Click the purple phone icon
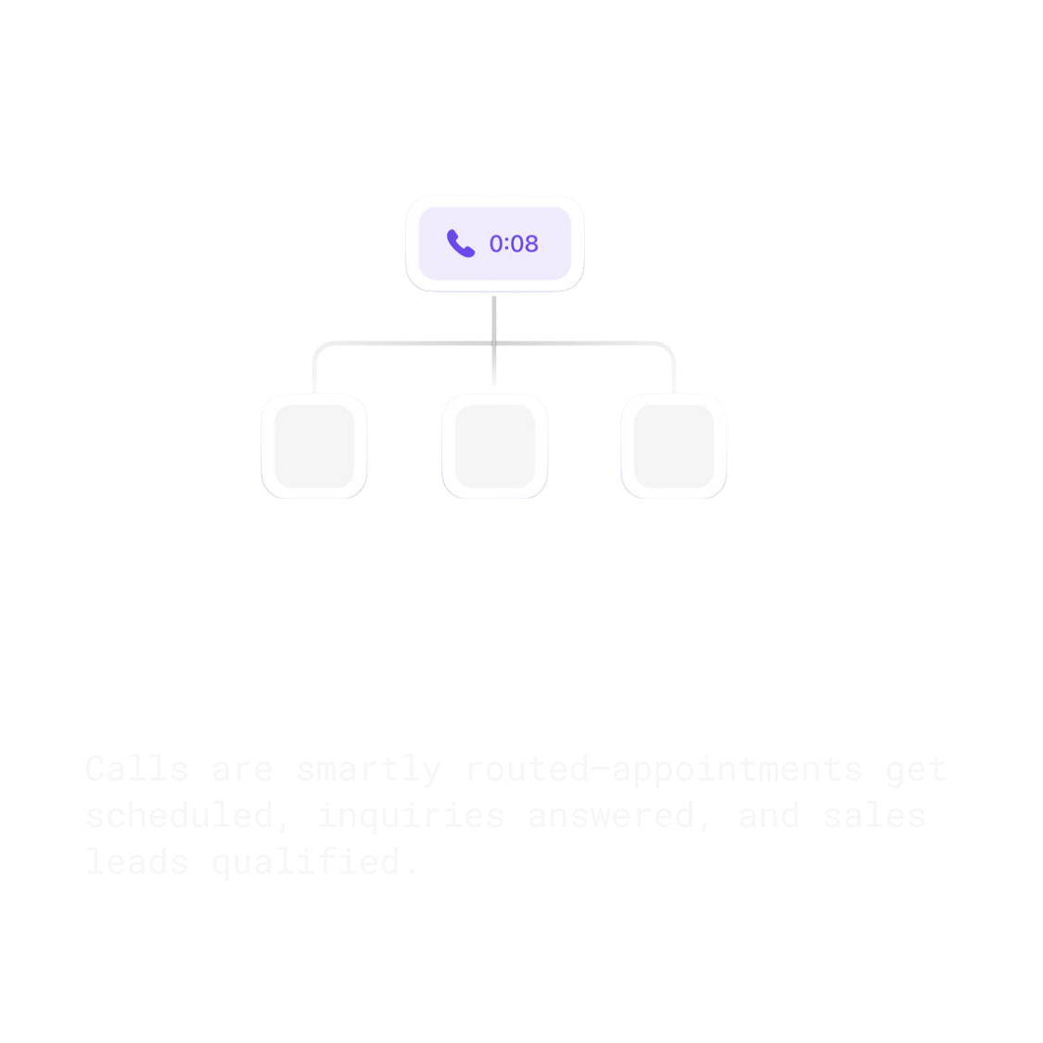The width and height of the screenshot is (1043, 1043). (x=461, y=243)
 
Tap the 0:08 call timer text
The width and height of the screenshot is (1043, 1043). (x=514, y=244)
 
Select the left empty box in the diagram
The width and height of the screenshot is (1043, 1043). (x=314, y=445)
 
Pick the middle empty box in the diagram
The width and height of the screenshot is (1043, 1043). (x=494, y=445)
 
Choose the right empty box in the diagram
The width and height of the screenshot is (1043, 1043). (x=673, y=445)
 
